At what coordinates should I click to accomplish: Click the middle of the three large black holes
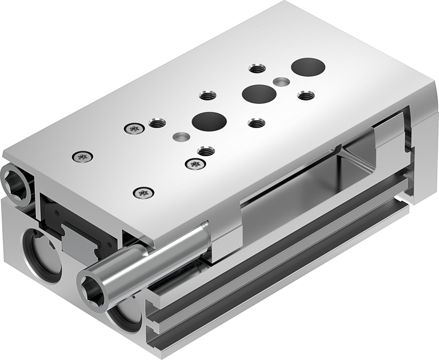(x=259, y=94)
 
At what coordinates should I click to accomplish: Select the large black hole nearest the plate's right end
(x=308, y=67)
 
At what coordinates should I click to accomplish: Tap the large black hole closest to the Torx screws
(x=209, y=121)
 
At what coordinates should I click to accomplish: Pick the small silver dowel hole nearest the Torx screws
(x=181, y=136)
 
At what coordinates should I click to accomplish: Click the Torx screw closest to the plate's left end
(x=82, y=157)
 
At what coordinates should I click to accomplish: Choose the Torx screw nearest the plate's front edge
(x=143, y=192)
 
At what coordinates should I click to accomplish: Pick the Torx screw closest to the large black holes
(x=195, y=164)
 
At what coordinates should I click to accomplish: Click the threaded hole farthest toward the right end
(x=306, y=96)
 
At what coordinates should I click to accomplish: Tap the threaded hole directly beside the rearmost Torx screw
(x=157, y=123)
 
